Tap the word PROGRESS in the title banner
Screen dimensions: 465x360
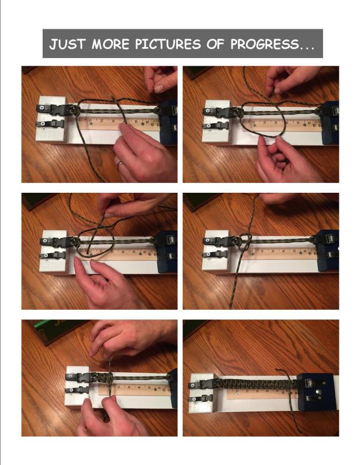tap(269, 44)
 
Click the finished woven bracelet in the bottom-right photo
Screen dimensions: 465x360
tap(253, 382)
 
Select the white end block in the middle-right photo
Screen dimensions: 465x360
tap(215, 249)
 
